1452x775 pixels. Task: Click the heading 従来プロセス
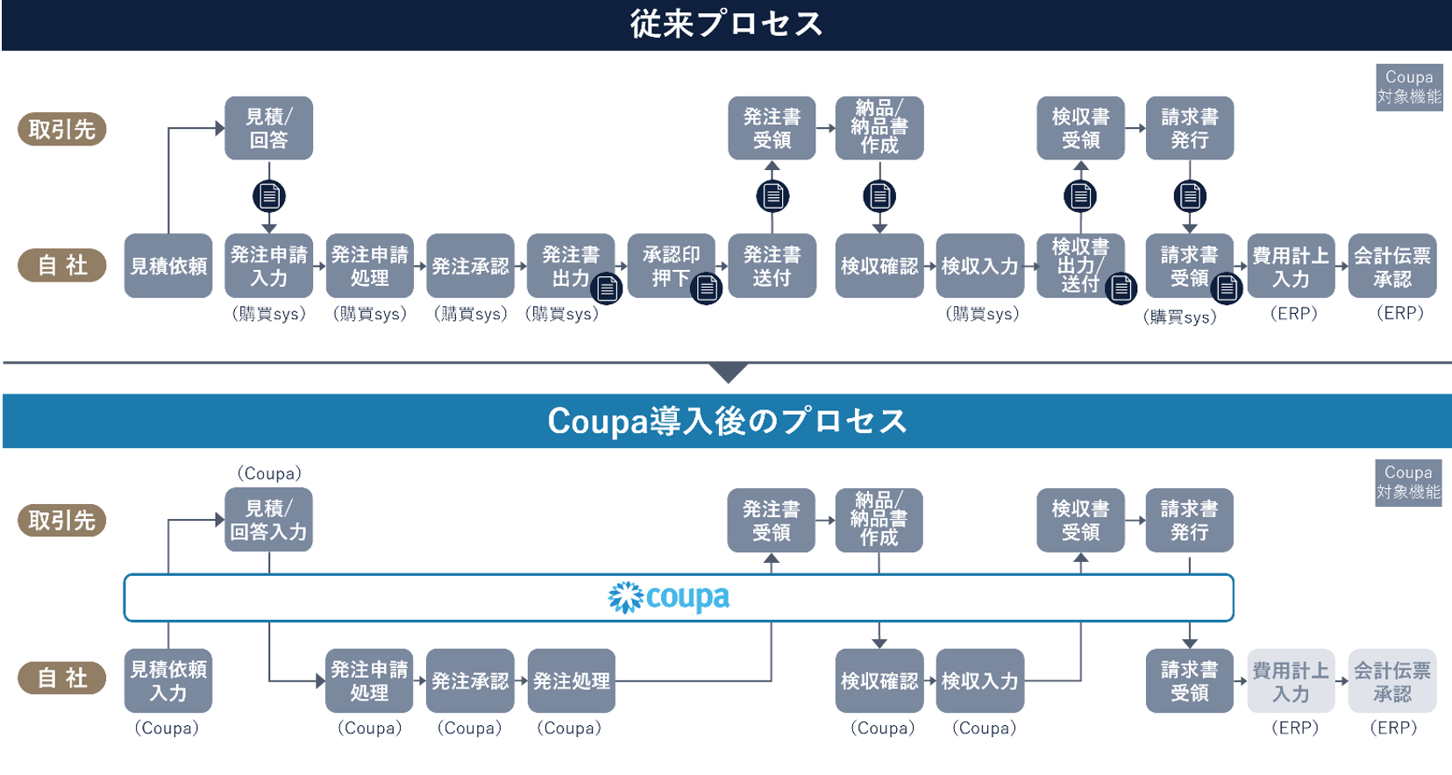(x=726, y=24)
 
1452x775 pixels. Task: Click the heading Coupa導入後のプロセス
(x=726, y=421)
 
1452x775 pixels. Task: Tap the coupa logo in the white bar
(x=669, y=598)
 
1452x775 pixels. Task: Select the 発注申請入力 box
(x=268, y=266)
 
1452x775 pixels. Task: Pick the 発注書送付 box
(x=772, y=266)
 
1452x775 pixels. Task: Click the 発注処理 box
(x=571, y=681)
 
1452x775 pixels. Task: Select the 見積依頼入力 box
(x=168, y=681)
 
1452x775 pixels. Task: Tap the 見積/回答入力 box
(x=268, y=520)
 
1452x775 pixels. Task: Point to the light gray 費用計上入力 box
(x=1291, y=681)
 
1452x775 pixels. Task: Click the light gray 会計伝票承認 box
(x=1392, y=681)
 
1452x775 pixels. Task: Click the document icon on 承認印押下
(x=707, y=288)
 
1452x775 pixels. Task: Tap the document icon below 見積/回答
(x=268, y=196)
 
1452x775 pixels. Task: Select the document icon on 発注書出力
(x=606, y=288)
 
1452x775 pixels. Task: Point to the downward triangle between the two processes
(x=728, y=373)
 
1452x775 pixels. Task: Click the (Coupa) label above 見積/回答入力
(x=268, y=473)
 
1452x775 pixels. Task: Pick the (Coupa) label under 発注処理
(x=569, y=728)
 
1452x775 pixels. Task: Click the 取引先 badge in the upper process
(x=61, y=130)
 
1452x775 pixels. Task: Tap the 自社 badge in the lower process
(x=61, y=678)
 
